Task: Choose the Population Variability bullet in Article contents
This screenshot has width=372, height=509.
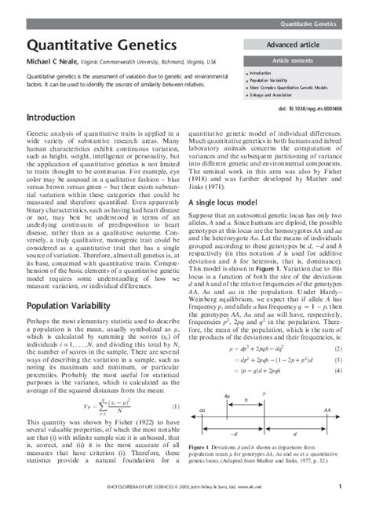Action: pos(272,80)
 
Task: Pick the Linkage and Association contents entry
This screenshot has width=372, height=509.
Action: pos(272,96)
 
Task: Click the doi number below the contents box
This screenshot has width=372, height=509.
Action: pos(325,109)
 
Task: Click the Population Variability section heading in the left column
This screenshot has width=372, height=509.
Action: pos(70,283)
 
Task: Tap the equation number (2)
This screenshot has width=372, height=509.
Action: pos(336,325)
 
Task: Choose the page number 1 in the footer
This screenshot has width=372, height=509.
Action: pos(340,486)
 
